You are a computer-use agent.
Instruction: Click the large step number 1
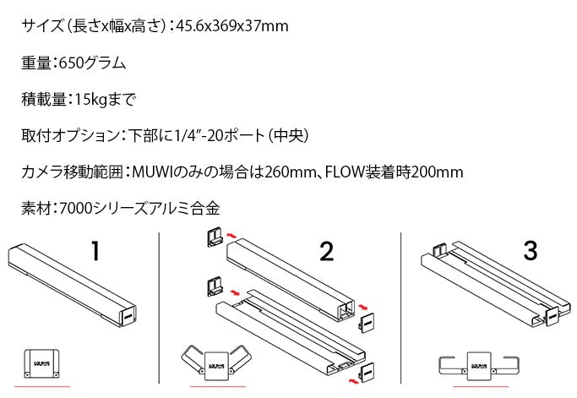click(x=95, y=251)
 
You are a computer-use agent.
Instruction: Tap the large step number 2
click(x=327, y=252)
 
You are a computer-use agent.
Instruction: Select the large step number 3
click(x=531, y=251)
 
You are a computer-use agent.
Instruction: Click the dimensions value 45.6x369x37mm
click(x=232, y=26)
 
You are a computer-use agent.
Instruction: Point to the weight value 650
click(x=72, y=63)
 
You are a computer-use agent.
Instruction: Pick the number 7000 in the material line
click(x=75, y=209)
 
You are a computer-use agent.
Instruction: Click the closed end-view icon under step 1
click(x=41, y=363)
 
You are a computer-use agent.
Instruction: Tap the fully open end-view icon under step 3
click(x=479, y=366)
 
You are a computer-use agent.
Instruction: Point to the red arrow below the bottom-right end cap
click(x=353, y=379)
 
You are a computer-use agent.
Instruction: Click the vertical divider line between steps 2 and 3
click(x=400, y=308)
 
